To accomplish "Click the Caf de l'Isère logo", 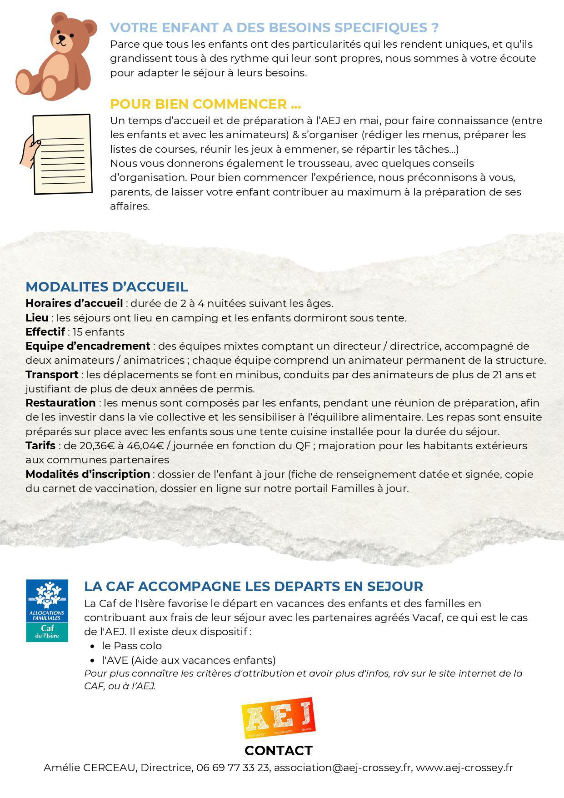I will pos(47,610).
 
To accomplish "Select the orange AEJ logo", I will pos(278,717).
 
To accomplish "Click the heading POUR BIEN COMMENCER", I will pos(205,104).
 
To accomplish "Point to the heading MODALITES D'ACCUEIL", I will pos(106,287).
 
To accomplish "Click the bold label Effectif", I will pos(45,332).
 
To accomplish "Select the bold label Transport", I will pos(52,375).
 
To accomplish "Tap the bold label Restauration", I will pos(60,403).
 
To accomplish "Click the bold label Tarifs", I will pos(40,446).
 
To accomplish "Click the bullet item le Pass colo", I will pos(132,646).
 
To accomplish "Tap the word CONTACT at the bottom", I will pos(278,750).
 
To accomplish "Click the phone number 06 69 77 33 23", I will pos(232,768).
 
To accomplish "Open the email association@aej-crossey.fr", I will pos(343,768).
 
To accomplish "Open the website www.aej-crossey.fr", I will pos(464,768).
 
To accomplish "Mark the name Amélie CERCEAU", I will pos(90,768).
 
